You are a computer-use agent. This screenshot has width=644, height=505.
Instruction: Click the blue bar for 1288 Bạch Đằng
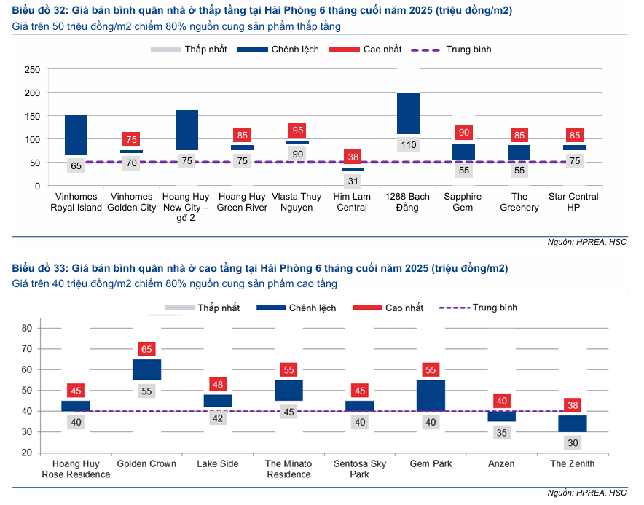[x=408, y=114]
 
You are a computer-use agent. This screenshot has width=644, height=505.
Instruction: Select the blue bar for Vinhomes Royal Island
[x=76, y=135]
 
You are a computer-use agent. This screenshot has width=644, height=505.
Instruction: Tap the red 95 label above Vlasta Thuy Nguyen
[x=297, y=130]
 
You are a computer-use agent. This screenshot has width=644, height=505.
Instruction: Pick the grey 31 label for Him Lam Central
[x=353, y=181]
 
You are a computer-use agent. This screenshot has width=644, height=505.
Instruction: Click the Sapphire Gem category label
[x=463, y=202]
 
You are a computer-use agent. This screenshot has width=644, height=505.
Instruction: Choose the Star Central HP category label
[x=574, y=202]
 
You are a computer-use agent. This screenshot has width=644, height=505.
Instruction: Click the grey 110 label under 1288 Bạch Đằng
[x=408, y=144]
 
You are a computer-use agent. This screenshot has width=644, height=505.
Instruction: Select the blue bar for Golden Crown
[x=146, y=369]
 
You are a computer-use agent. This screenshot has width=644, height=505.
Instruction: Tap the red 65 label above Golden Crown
[x=146, y=349]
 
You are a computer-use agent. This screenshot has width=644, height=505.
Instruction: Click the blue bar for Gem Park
[x=431, y=395]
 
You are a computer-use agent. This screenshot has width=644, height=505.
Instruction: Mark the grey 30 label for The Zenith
[x=572, y=442]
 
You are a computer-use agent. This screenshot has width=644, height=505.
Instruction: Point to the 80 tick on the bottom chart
[x=27, y=329]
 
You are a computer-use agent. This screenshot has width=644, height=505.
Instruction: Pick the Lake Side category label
[x=218, y=464]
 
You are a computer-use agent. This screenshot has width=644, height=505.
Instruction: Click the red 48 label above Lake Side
[x=217, y=384]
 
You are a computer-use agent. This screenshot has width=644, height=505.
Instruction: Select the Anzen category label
[x=501, y=464]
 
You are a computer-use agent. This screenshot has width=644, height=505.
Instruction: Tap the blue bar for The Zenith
[x=572, y=423]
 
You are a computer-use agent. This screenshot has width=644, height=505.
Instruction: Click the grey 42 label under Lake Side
[x=217, y=418]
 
